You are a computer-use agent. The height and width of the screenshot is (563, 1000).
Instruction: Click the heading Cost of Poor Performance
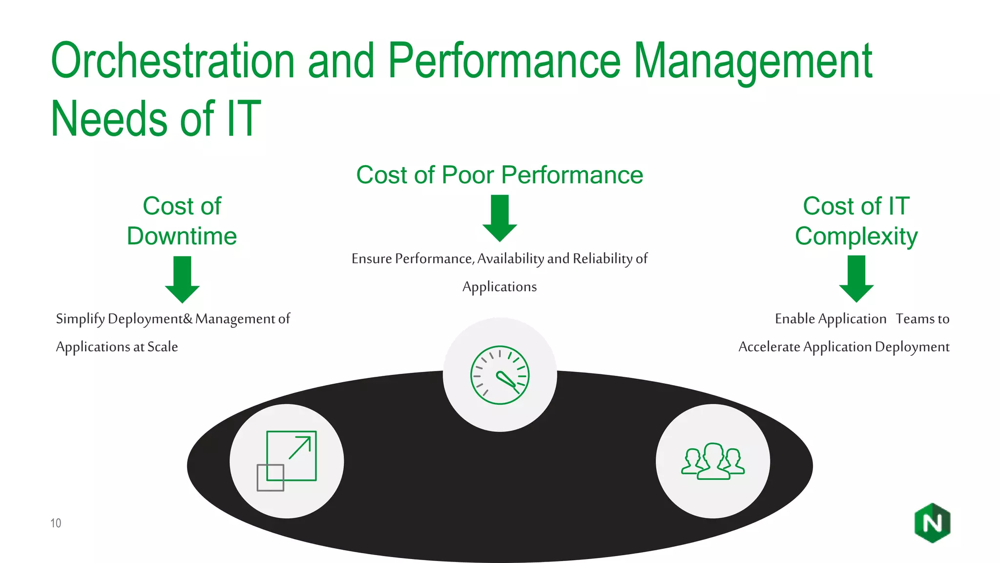point(500,174)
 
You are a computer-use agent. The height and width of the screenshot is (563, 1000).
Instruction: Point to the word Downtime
point(182,236)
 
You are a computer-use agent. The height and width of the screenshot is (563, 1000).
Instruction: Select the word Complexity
point(856,236)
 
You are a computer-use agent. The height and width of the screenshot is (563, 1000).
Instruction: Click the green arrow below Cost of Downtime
point(182,279)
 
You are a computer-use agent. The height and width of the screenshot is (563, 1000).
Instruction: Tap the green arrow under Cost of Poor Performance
point(500,218)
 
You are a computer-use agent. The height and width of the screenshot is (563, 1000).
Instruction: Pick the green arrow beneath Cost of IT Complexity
point(856,278)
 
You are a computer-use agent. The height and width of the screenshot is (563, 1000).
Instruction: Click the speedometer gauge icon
point(500,375)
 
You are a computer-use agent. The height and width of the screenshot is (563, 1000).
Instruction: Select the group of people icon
point(713,461)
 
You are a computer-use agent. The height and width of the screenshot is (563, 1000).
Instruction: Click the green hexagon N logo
point(932,523)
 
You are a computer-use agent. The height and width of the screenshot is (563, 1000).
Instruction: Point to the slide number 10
point(56,523)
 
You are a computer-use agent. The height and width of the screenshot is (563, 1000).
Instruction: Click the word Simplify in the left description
point(80,319)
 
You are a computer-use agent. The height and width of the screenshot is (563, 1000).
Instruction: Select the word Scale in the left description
point(163,347)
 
